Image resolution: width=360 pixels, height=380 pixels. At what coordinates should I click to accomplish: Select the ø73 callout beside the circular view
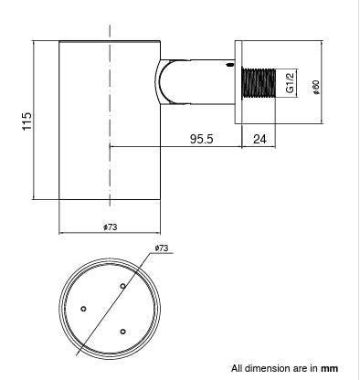pos(162,248)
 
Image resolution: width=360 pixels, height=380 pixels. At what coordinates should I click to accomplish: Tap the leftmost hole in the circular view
pos(84,309)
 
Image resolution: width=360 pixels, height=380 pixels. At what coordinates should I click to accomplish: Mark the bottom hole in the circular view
pos(122,331)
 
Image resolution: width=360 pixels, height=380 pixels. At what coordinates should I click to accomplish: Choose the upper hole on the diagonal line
pos(122,286)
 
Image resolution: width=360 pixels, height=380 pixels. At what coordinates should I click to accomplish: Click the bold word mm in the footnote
pos(329,369)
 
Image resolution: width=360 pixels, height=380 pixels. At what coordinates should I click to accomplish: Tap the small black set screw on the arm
pos(230,66)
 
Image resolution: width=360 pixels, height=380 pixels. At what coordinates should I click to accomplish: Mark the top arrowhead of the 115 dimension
pos(34,43)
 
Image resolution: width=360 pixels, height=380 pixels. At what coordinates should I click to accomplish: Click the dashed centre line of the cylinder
pos(110,110)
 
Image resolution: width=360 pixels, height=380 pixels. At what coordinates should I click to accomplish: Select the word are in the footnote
pos(300,369)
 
